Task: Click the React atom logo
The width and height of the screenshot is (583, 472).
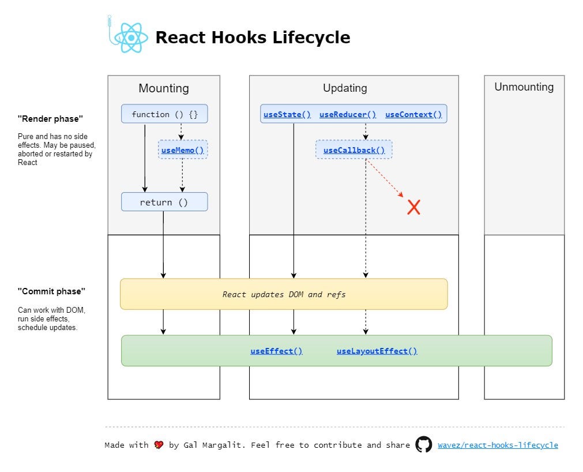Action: point(131,38)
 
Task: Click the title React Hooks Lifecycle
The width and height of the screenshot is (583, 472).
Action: point(253,37)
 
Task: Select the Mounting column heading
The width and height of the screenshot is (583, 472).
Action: point(164,88)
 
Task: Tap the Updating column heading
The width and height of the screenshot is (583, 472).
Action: point(345,88)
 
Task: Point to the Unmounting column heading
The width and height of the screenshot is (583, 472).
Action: point(524,87)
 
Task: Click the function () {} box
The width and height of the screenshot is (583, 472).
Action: point(164,114)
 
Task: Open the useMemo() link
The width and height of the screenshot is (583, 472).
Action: point(183,150)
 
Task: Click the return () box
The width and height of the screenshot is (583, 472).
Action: point(164,202)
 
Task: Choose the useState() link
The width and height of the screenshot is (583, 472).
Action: point(287,115)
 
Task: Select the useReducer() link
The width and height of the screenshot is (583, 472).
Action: point(348,115)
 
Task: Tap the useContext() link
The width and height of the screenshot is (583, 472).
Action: point(413,115)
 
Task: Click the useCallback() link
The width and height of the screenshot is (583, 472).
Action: point(354,150)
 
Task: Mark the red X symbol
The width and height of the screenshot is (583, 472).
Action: point(414,207)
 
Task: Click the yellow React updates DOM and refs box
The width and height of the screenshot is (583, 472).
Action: point(284,294)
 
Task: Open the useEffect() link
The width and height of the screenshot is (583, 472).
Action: point(276,351)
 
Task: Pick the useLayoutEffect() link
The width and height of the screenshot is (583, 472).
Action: point(377,351)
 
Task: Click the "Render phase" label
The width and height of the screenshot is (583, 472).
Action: point(50,119)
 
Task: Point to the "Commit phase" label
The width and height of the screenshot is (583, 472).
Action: point(51,291)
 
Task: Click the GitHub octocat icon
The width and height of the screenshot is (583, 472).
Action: point(423,444)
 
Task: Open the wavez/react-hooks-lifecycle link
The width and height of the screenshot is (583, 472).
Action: point(498,445)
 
